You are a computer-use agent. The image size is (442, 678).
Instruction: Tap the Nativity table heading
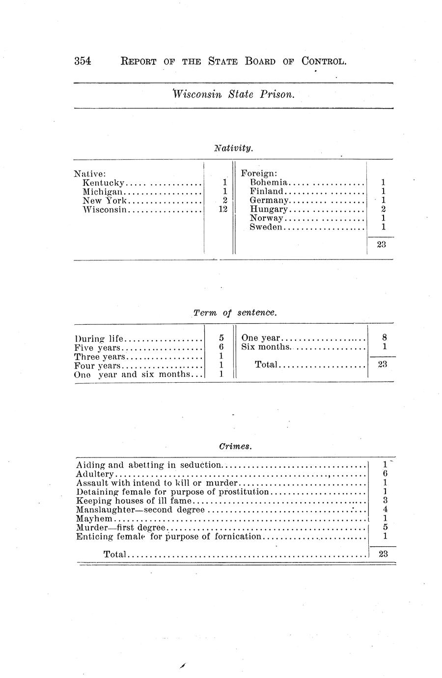tap(233, 147)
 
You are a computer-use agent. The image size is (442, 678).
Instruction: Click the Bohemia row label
tap(268, 183)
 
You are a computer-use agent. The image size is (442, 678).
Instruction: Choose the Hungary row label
tap(269, 209)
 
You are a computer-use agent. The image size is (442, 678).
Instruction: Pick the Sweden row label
tap(266, 227)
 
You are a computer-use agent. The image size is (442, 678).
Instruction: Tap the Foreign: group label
tap(259, 173)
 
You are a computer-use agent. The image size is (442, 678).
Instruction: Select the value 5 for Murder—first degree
tap(385, 528)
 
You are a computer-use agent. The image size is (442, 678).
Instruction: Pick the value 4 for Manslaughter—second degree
tap(385, 509)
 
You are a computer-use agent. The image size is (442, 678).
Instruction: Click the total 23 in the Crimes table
tap(384, 554)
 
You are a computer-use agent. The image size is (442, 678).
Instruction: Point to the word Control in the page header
tap(324, 61)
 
